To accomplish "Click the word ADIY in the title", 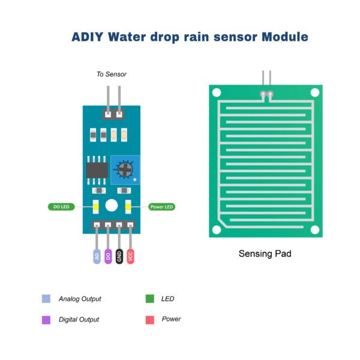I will (88, 37).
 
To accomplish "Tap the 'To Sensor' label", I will (112, 74).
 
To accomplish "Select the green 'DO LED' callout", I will (62, 206).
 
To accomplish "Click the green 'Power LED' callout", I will (161, 206).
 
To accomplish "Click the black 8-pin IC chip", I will (96, 169).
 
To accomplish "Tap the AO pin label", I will (97, 256).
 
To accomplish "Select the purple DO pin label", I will (108, 256).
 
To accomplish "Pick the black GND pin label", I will (119, 256).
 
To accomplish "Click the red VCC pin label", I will (131, 256).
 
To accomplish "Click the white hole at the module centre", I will (111, 206).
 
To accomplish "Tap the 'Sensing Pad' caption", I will (265, 254).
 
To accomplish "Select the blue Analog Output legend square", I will (46, 299).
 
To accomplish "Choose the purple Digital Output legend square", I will (46, 320).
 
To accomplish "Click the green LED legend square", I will (149, 299).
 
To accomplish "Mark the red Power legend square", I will (149, 320).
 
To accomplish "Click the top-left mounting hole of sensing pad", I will (216, 92).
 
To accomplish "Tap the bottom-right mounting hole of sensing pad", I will (314, 229).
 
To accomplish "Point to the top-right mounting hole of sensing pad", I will (314, 92).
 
